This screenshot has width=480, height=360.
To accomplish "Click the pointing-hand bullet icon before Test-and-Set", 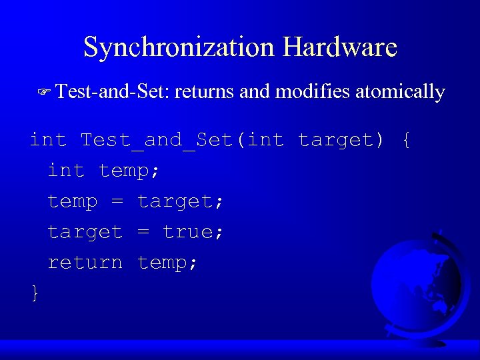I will (45, 92).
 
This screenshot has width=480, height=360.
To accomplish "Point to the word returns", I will (205, 91).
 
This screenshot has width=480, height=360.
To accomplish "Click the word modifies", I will (313, 91).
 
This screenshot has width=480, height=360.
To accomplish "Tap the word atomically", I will (400, 91).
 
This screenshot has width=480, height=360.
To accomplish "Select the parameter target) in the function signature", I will (341, 141).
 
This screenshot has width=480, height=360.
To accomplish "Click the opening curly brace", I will (407, 141).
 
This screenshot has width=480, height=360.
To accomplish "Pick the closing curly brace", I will (35, 292).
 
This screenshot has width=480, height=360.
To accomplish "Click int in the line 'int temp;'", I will (66, 171).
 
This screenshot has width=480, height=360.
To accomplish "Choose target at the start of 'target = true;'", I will (85, 232).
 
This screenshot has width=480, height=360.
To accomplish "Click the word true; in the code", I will (193, 232).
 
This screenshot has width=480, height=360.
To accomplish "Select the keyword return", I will (85, 263).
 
